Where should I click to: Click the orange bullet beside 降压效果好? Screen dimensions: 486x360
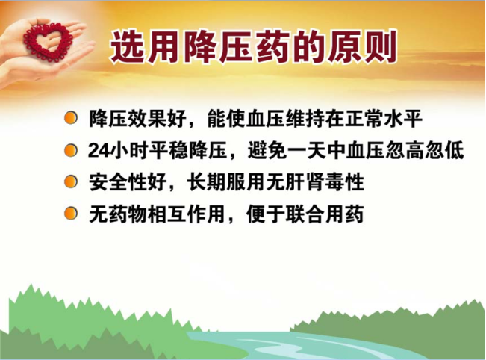point(71,118)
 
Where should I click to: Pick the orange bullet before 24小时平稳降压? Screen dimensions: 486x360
point(71,150)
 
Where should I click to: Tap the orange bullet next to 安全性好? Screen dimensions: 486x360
point(71,181)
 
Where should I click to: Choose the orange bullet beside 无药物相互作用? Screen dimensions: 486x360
point(71,214)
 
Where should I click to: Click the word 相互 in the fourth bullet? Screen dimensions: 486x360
point(167,214)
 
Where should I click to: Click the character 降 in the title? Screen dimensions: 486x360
point(199,47)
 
